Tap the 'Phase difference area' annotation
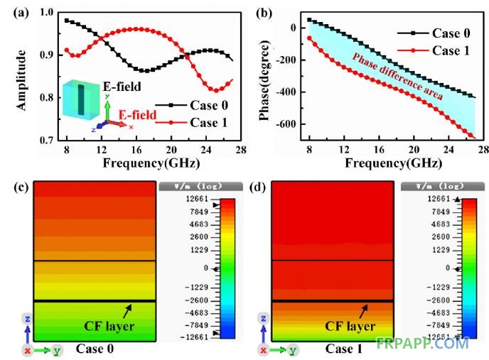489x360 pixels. click(x=394, y=75)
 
